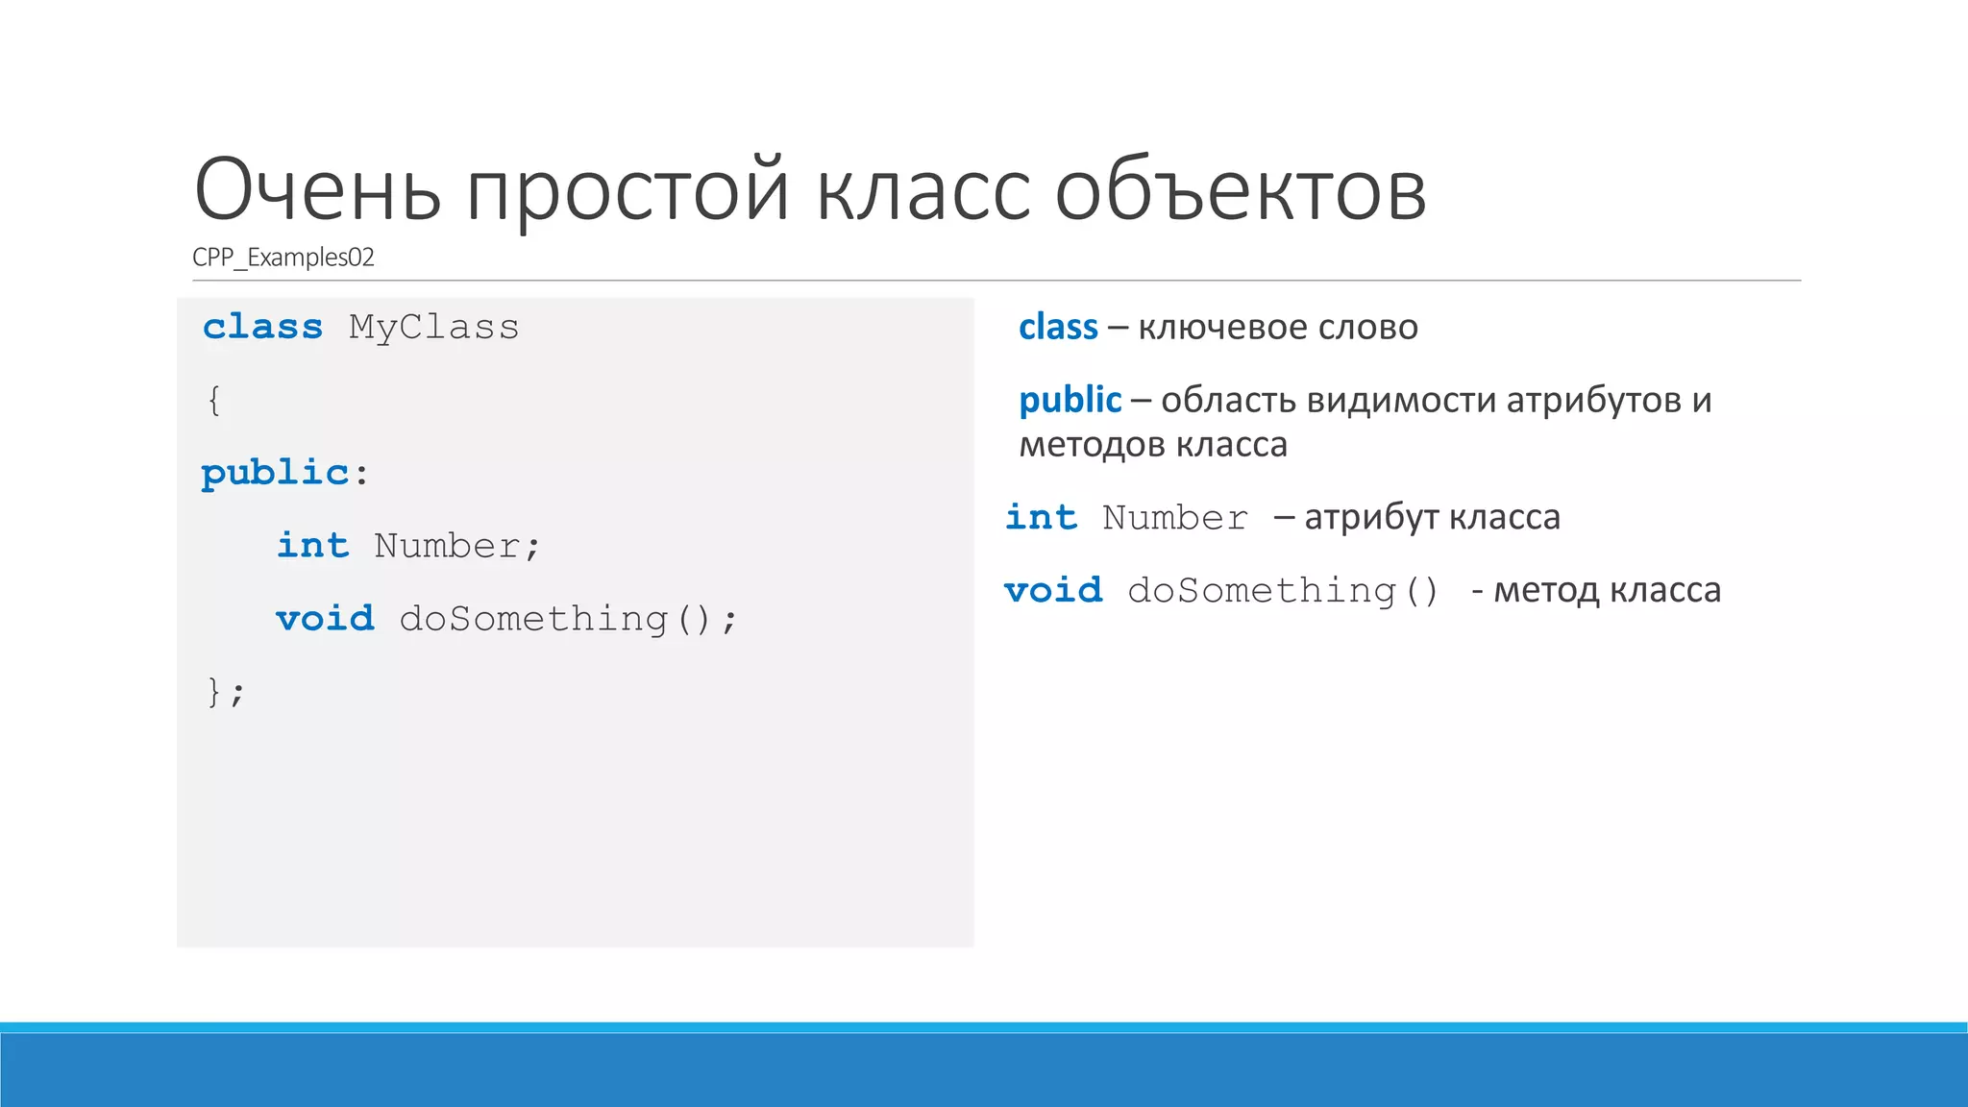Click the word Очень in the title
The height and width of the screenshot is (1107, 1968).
[318, 190]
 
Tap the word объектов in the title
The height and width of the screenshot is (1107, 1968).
[1240, 190]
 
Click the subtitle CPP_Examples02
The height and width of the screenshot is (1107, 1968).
[283, 258]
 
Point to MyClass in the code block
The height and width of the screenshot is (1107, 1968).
[433, 328]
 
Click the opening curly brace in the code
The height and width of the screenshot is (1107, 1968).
[213, 400]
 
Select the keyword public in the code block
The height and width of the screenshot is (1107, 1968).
[275, 473]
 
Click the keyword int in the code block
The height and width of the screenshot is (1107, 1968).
[312, 546]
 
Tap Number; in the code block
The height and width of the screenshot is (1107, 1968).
[457, 546]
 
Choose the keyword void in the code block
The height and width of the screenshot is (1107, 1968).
[325, 619]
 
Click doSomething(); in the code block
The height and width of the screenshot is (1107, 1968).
[568, 619]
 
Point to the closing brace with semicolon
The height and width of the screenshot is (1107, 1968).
[226, 692]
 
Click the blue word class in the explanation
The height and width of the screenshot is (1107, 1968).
[1058, 328]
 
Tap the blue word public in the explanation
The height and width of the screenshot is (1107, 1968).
[1070, 400]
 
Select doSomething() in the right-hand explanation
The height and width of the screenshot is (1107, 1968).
[1283, 590]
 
